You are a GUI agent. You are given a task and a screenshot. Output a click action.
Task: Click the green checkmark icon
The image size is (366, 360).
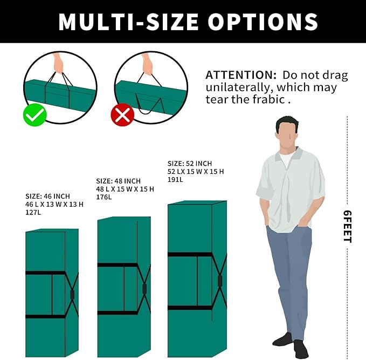[x=35, y=115]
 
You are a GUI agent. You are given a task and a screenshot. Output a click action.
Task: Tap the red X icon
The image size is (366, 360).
[x=122, y=115]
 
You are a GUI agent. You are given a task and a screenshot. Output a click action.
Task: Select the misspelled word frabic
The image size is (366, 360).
[x=268, y=99]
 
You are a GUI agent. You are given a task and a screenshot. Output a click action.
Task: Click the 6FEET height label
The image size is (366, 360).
[x=347, y=227]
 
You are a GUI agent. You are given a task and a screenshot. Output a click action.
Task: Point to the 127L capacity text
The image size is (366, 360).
[x=33, y=213]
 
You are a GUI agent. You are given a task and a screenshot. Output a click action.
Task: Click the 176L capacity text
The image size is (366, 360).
[x=104, y=197]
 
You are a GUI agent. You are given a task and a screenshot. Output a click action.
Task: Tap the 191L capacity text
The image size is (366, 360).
[x=175, y=180]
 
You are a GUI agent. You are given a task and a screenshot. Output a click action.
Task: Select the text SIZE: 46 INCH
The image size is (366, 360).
[x=47, y=196]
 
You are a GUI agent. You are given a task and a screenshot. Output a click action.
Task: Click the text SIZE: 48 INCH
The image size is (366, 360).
[x=119, y=181]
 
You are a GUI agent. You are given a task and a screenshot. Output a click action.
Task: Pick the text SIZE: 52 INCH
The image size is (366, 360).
[x=190, y=164]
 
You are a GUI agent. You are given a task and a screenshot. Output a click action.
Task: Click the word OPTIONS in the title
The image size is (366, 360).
[x=263, y=22]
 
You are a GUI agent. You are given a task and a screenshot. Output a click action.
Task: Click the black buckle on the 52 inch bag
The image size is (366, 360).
[x=219, y=281]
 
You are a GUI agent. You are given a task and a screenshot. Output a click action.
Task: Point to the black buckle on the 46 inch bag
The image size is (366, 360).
[x=72, y=295]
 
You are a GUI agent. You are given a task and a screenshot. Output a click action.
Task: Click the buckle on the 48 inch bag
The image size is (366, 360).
[x=144, y=288]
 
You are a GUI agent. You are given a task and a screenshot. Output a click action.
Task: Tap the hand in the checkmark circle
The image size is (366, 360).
[x=58, y=64]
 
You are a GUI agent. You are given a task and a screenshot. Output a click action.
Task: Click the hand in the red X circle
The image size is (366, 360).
[x=147, y=65]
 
